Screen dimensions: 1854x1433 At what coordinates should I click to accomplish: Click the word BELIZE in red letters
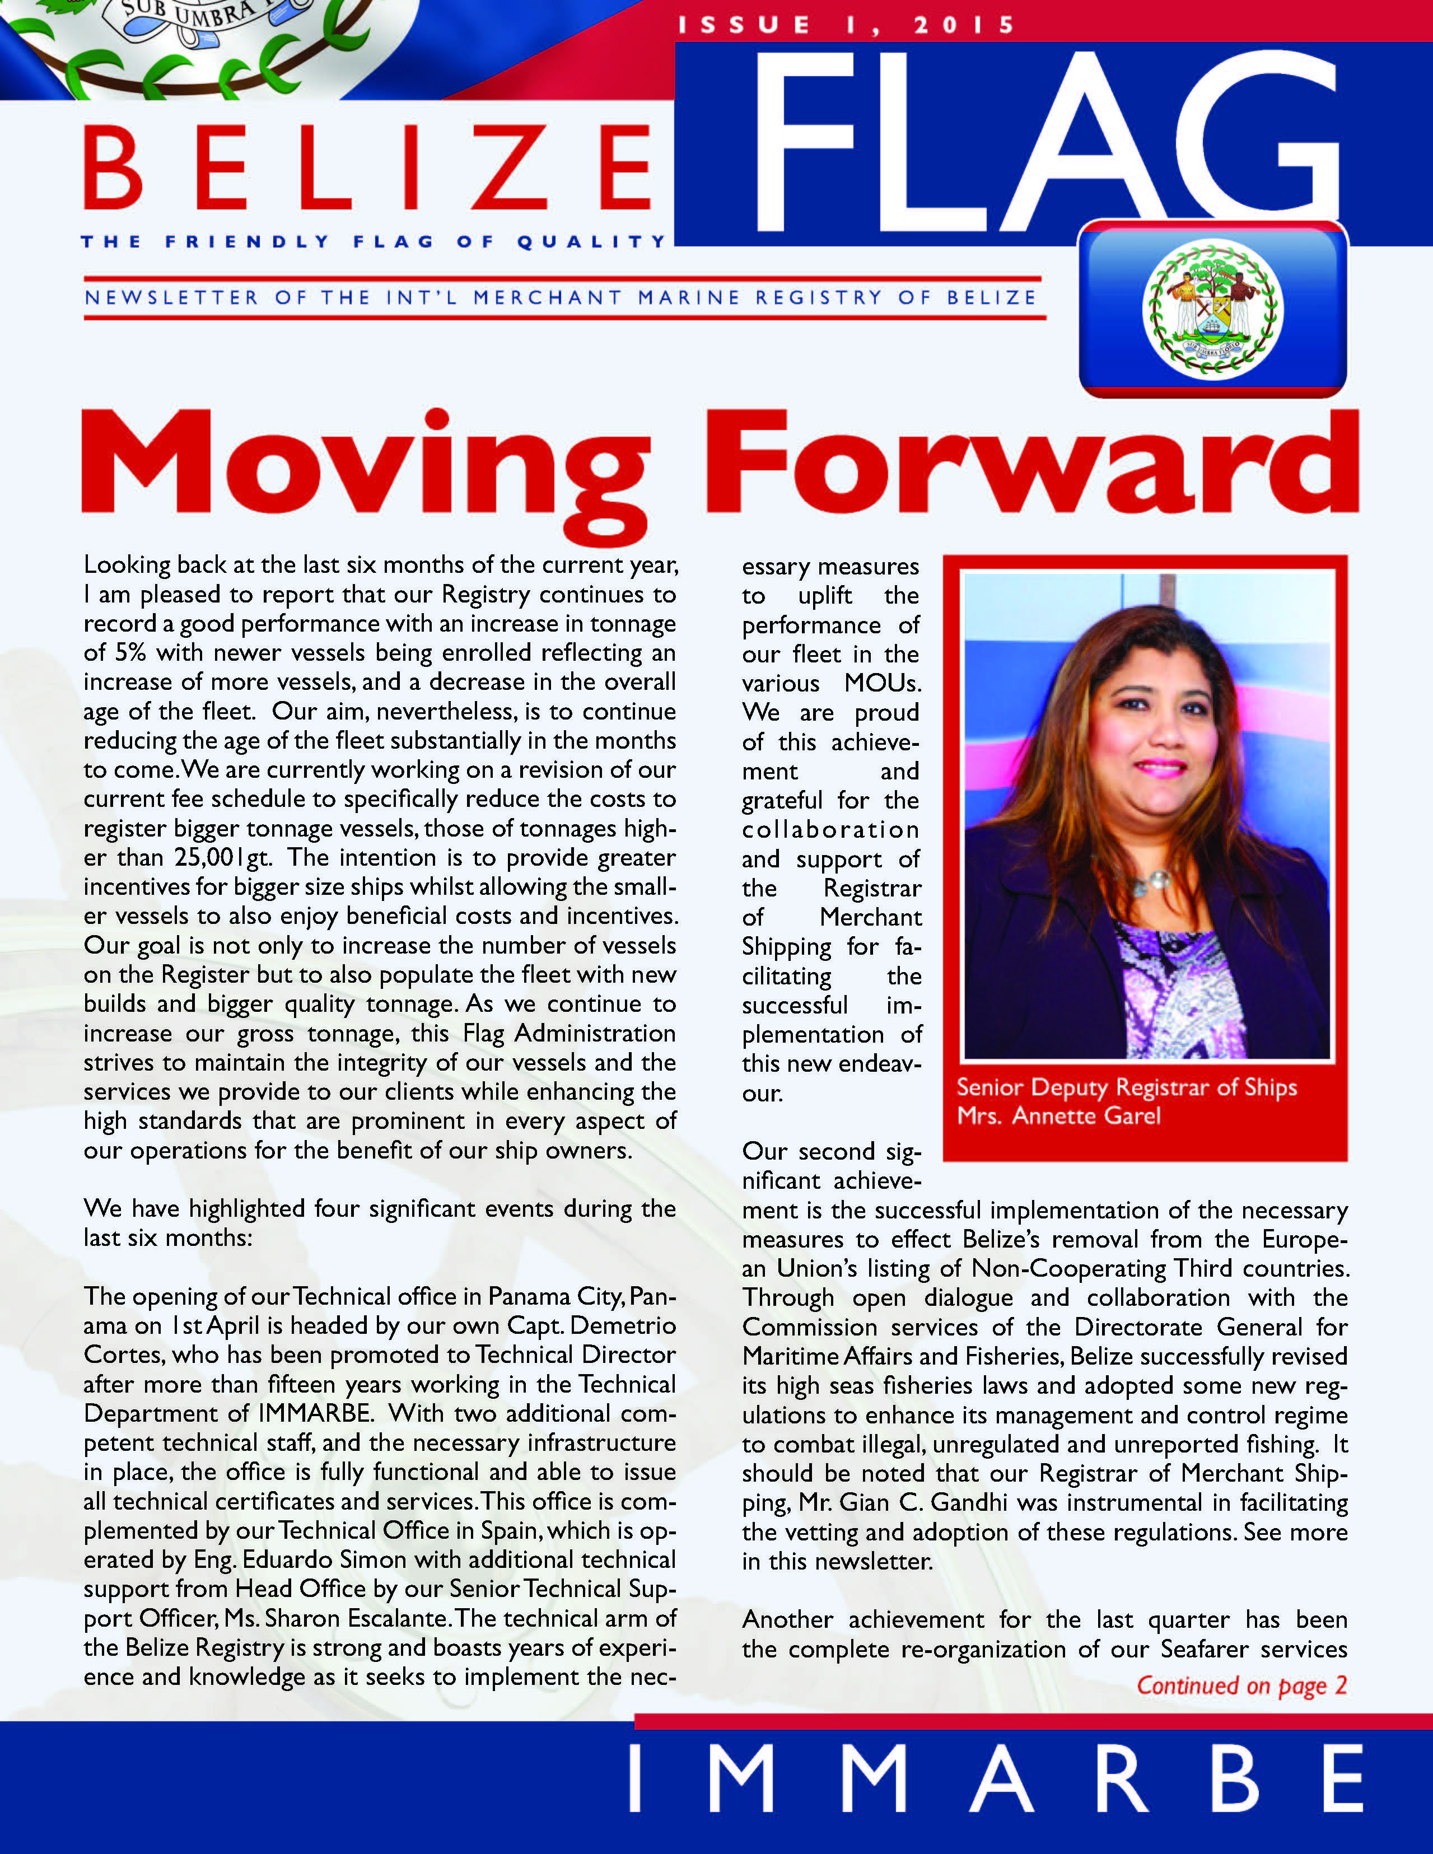pos(367,167)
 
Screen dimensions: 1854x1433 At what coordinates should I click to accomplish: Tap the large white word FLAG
pos(1044,144)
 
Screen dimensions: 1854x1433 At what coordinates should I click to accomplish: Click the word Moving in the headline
pos(365,467)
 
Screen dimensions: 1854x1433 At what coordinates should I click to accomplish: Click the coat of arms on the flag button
pos(1212,310)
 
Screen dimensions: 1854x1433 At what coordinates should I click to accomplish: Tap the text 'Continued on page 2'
pos(1241,1685)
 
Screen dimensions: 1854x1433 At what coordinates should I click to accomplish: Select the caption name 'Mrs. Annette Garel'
pos(1058,1115)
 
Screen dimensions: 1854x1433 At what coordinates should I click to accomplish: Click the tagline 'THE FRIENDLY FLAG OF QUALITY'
pos(374,242)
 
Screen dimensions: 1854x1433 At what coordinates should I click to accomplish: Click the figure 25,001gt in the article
pos(222,857)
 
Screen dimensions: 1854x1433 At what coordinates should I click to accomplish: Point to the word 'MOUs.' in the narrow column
pos(883,683)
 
